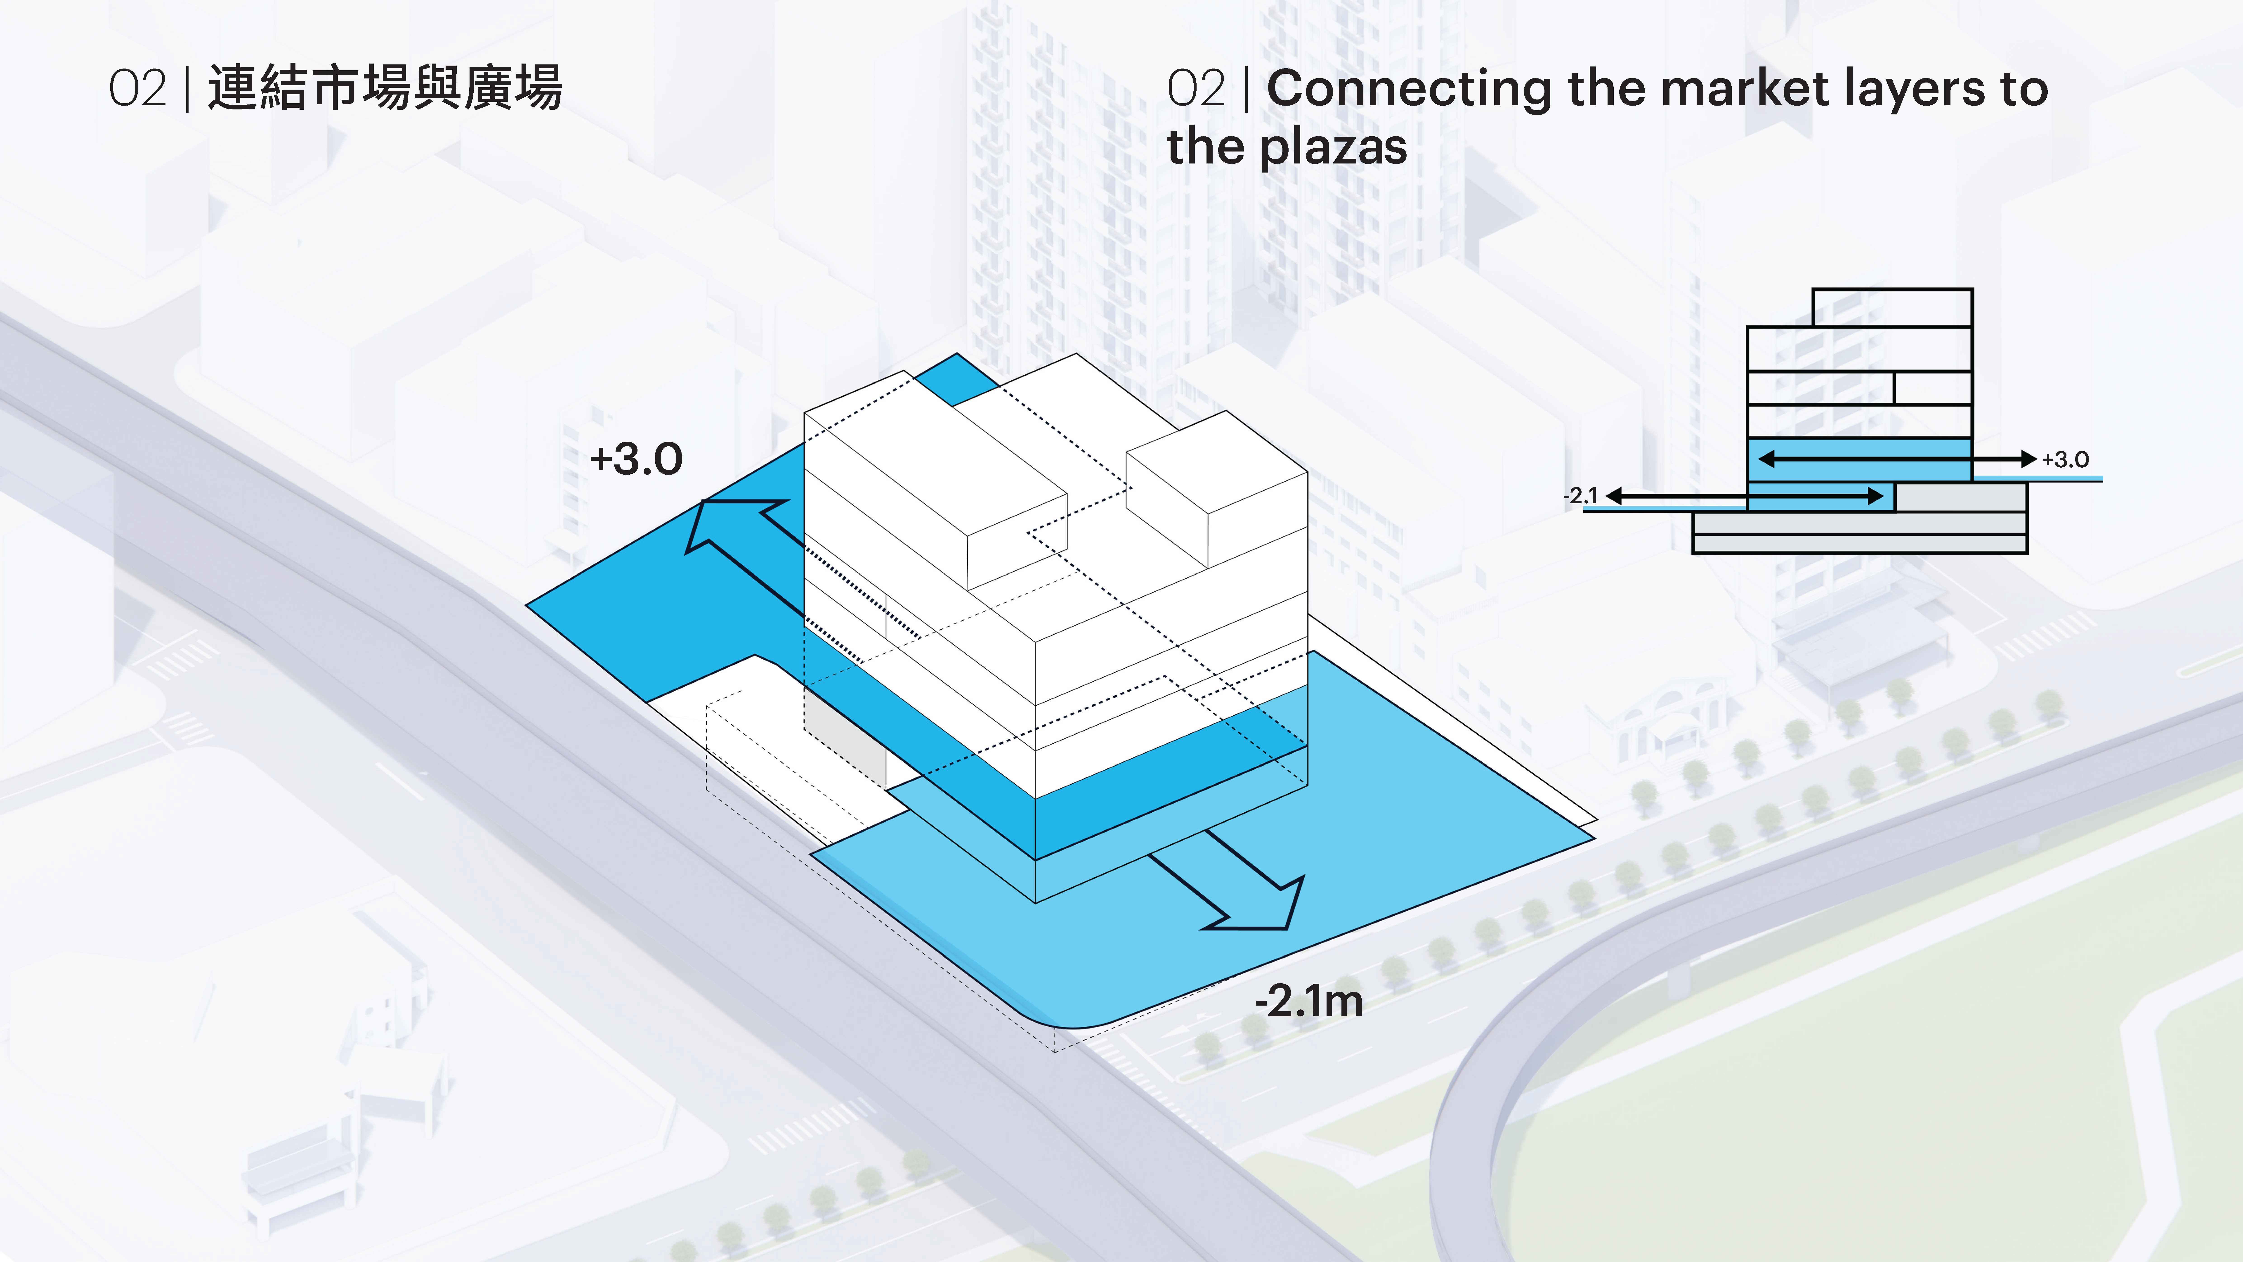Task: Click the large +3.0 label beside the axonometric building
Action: (637, 459)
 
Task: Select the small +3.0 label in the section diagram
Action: (2065, 459)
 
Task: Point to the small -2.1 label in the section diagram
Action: (1580, 496)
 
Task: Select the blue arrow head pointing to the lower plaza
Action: (1263, 906)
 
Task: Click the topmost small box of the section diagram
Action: (1892, 308)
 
